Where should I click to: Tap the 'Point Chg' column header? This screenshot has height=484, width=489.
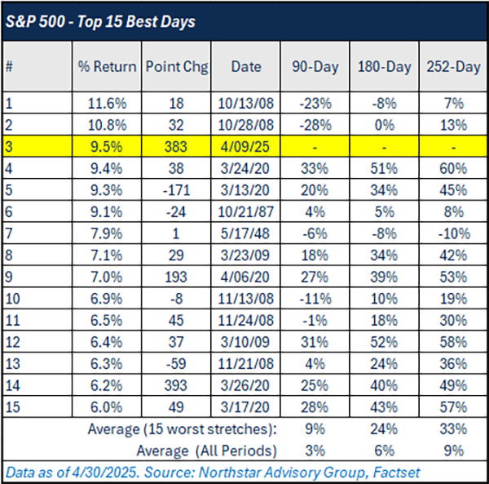pos(176,66)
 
